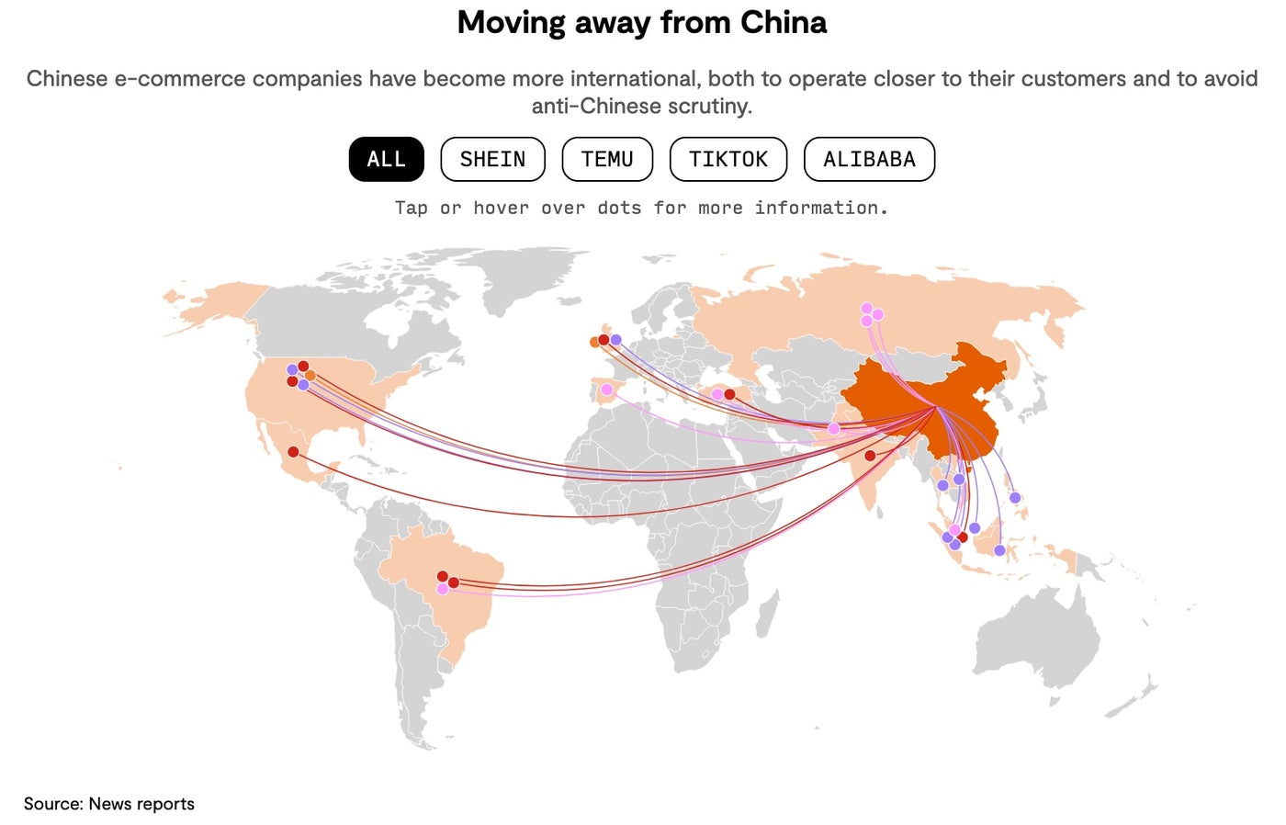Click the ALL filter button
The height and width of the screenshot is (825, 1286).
click(386, 160)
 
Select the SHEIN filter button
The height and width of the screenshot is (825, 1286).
click(492, 160)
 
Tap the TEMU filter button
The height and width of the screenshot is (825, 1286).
click(607, 160)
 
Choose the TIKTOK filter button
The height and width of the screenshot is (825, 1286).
click(728, 160)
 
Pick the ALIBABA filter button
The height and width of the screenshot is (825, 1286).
click(869, 160)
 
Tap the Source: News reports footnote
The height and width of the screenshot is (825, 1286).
click(109, 804)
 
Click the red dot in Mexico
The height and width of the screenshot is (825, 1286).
click(293, 452)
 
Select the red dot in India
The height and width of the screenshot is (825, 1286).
click(870, 456)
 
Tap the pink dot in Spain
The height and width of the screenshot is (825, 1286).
click(606, 390)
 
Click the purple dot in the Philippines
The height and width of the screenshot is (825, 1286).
click(1015, 498)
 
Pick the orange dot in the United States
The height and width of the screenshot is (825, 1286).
click(310, 375)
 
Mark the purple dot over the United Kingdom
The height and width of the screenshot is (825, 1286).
click(615, 340)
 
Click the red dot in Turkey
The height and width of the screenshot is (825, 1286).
click(729, 394)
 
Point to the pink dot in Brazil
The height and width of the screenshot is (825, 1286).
click(443, 589)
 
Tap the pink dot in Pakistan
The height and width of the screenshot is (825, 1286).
click(833, 429)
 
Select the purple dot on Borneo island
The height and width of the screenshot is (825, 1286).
click(975, 528)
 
